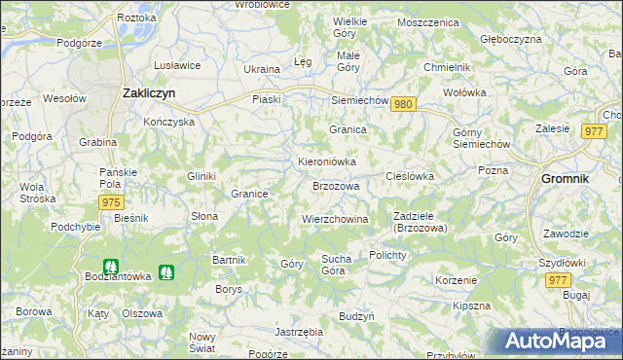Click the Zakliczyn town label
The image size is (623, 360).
148,93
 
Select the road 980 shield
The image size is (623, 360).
406,105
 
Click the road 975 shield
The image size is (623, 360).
111,201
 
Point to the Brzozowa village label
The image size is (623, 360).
336,186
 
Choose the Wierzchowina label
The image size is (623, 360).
335,220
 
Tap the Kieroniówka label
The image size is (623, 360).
326,162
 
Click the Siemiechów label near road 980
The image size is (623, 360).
360,100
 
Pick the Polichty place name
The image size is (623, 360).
393,254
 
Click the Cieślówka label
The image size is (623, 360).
410,176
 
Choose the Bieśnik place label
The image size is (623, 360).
130,218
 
